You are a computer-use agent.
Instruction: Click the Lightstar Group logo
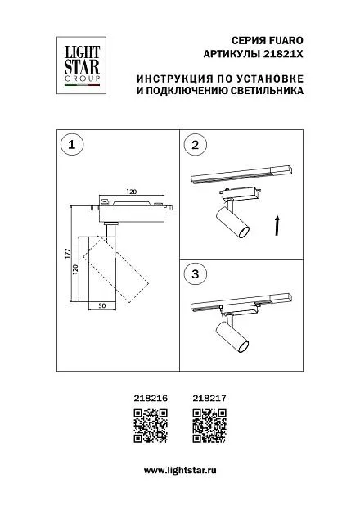point(81,65)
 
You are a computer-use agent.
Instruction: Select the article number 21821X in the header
point(282,54)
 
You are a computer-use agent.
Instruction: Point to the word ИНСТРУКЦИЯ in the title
point(175,79)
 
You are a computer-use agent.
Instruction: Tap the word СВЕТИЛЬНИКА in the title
point(267,90)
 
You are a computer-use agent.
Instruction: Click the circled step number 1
point(72,145)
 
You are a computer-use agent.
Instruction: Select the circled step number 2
point(195,145)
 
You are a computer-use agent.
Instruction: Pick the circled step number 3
point(195,274)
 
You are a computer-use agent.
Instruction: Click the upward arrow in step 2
point(277,225)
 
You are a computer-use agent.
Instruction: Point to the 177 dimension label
point(68,254)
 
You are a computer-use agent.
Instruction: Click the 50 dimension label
point(102,305)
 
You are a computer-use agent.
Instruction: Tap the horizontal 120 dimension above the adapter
point(132,192)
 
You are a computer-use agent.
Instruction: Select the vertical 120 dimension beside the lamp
point(75,269)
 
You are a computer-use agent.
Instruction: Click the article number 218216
point(151,398)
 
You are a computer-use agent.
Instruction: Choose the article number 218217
point(209,398)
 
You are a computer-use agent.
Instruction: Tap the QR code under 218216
point(151,426)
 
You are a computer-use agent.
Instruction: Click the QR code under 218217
point(209,426)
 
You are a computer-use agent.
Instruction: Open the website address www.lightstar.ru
point(180,471)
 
